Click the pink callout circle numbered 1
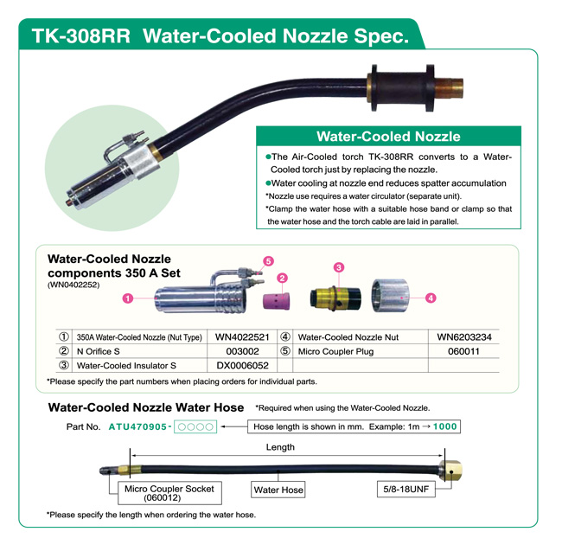point(128,298)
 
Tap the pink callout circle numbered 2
point(283,279)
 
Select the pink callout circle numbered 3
point(339,267)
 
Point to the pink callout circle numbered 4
point(431,298)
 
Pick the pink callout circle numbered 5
point(268,261)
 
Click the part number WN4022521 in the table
point(242,337)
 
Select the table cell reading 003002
point(242,351)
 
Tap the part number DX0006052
point(243,366)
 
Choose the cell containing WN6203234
point(464,337)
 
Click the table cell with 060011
point(463,351)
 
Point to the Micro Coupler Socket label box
point(169,493)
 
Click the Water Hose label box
point(278,490)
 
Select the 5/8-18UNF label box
point(406,490)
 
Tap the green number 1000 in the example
point(444,426)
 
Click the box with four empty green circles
point(195,426)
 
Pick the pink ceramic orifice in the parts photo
point(277,301)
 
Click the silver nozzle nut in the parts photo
point(390,296)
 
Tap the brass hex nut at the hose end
point(451,471)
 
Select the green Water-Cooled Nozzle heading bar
point(388,136)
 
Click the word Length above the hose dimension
point(280,447)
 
